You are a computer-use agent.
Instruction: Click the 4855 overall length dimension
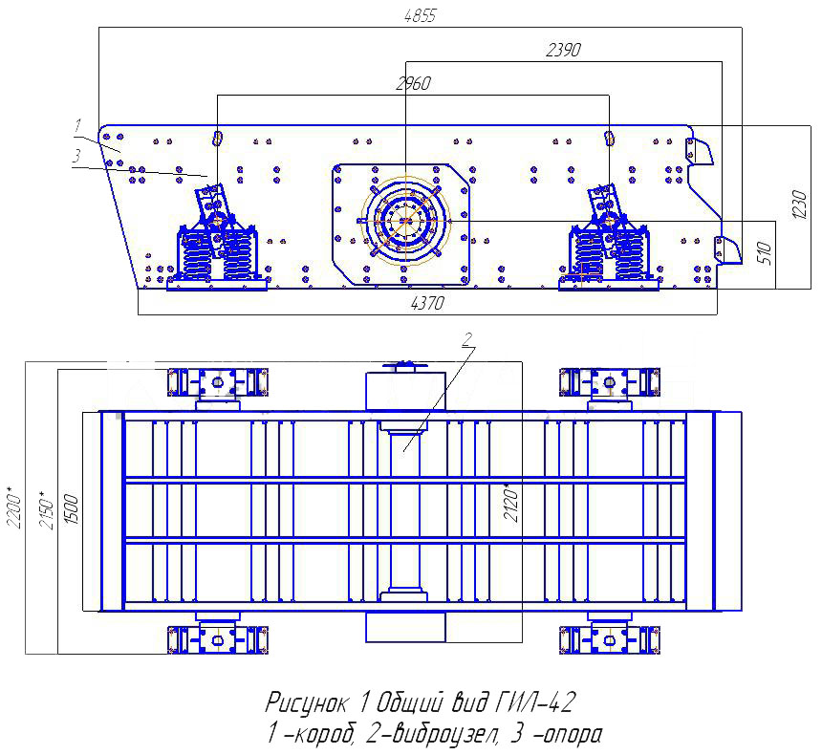point(420,15)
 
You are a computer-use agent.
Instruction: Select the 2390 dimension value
point(563,50)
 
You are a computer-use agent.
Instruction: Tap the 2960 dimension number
point(413,83)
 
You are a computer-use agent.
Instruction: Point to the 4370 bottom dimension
point(427,303)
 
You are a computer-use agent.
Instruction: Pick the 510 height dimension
point(766,253)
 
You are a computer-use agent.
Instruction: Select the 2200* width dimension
point(14,507)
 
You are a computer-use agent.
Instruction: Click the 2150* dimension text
point(46,509)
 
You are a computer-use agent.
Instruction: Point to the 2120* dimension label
point(510,502)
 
